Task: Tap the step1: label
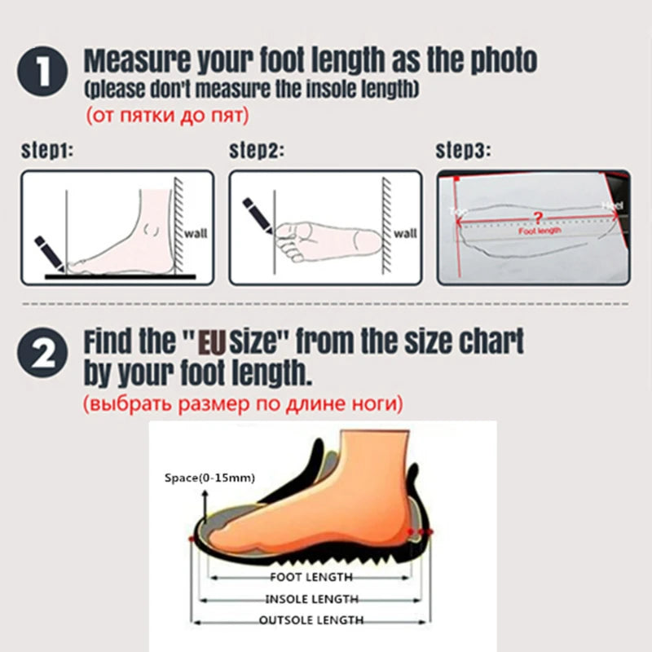(x=47, y=151)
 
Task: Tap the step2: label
(x=256, y=151)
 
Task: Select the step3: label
(x=465, y=151)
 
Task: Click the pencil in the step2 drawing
(x=257, y=214)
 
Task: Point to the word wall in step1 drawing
(x=196, y=233)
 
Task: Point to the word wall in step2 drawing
(x=405, y=234)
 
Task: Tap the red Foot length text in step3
(x=540, y=231)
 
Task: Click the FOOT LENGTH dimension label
(x=311, y=577)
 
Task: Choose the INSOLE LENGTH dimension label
(x=311, y=599)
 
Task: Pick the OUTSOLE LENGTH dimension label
(x=311, y=621)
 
